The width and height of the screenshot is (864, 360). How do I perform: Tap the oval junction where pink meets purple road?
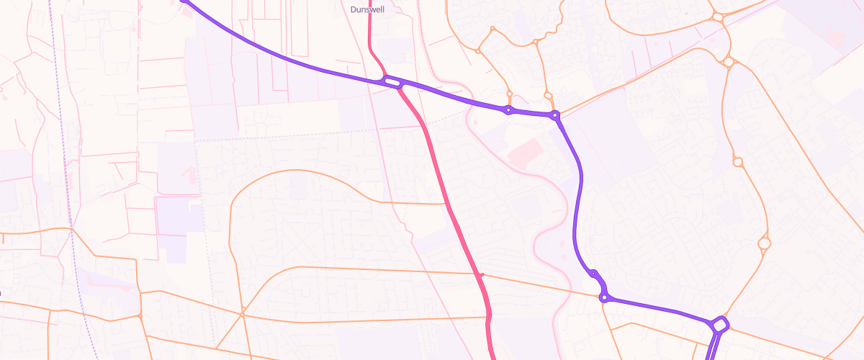392,83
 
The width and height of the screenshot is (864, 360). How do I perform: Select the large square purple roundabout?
719,325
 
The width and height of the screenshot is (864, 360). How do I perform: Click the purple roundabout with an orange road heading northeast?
554,115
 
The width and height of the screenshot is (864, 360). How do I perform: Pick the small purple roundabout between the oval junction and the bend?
508,110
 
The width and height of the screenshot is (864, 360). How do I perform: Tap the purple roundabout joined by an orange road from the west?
605,297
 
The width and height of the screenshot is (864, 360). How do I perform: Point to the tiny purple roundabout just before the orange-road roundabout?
594,274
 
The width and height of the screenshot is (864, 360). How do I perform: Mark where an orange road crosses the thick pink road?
481,275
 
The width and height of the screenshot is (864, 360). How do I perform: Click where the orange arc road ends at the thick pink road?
449,204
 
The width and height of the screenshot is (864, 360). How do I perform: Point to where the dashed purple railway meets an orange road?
73,229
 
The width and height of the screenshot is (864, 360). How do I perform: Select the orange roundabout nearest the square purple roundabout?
765,244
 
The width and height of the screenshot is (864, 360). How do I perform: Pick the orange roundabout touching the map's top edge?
718,16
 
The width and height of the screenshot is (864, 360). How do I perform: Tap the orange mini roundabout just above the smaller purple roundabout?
509,94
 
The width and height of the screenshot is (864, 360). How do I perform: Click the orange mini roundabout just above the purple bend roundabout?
548,95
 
